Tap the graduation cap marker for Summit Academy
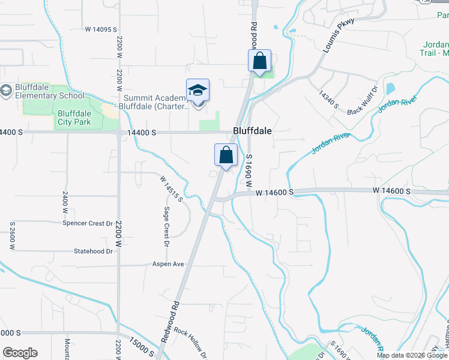tap(197, 91)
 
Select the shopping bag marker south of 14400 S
tap(226, 155)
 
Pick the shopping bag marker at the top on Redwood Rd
tap(259, 61)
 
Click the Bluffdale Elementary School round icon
tap(7, 90)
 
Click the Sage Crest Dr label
tap(166, 227)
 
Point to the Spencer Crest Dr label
tap(88, 223)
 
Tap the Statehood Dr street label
tap(93, 251)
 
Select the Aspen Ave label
tap(168, 264)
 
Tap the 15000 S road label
tap(141, 346)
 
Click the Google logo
tap(20, 353)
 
